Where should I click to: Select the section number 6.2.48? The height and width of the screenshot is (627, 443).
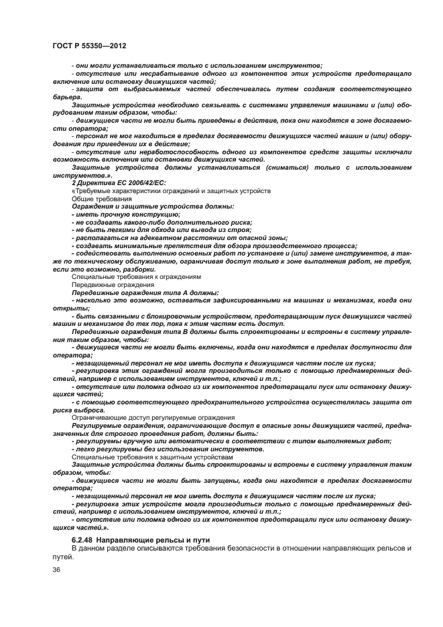pos(83,540)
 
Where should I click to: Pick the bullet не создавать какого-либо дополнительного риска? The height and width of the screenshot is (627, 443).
pos(162,222)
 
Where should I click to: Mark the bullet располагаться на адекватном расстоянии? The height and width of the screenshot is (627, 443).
pos(181,237)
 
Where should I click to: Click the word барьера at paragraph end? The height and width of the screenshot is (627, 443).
pos(68,97)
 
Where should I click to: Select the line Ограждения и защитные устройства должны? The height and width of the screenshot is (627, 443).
pos(153,207)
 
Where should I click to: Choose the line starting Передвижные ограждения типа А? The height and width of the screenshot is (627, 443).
pos(145,292)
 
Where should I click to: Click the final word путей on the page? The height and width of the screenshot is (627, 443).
pos(63,557)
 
